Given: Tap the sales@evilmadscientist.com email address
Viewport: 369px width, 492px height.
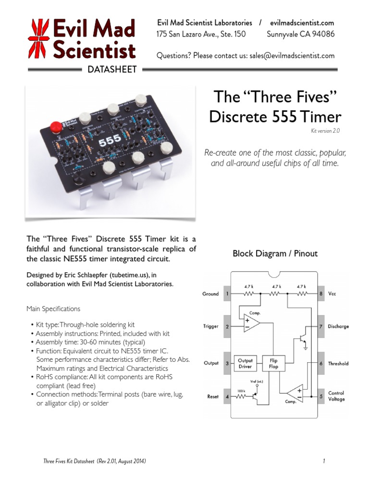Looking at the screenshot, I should click(x=292, y=56).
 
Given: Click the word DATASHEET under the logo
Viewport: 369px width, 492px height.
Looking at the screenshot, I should click(x=112, y=70).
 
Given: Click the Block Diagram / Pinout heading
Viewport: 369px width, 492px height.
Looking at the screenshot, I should click(x=275, y=253).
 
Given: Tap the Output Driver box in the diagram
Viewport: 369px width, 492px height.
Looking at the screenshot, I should click(x=246, y=363).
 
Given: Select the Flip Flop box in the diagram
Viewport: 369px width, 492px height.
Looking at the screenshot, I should click(x=273, y=363).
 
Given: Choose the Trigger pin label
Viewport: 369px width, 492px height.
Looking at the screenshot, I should click(x=210, y=327).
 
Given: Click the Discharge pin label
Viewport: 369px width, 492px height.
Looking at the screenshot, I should click(x=338, y=327).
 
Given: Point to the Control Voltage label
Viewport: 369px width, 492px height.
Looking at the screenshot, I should click(x=336, y=396).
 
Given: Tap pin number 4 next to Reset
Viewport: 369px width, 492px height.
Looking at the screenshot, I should click(x=227, y=397).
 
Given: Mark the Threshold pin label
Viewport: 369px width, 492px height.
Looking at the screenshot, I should click(x=338, y=364).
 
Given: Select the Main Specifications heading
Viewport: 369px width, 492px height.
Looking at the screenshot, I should click(x=53, y=308).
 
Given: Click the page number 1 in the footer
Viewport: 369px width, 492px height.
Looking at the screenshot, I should click(x=324, y=462).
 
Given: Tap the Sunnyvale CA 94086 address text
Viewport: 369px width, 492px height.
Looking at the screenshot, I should click(x=300, y=34).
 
